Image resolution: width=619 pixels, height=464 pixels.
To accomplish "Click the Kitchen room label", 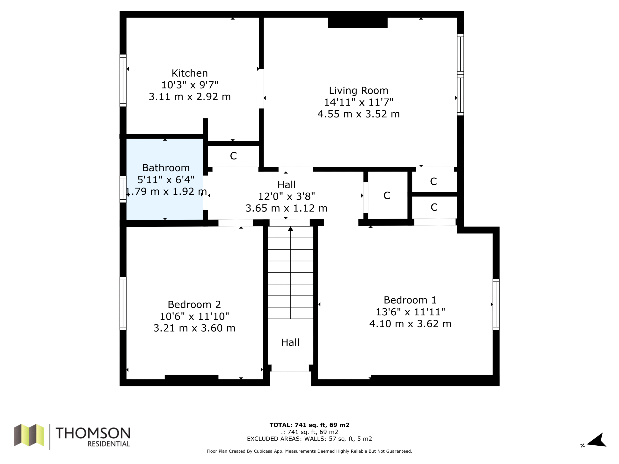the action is click(x=190, y=73).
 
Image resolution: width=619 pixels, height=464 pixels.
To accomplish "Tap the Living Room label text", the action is click(x=359, y=91).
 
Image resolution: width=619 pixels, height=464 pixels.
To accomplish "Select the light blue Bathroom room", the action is click(x=165, y=179).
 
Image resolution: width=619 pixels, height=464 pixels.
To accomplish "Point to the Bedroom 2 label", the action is click(x=194, y=304).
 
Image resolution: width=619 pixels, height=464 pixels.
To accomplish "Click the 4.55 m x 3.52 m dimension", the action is click(x=359, y=114).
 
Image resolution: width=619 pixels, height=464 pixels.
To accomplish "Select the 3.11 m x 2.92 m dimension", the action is click(x=190, y=97).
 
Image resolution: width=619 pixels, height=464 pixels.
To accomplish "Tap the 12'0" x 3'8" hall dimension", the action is click(x=286, y=196).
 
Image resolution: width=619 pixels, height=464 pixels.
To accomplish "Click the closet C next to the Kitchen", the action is click(x=233, y=156).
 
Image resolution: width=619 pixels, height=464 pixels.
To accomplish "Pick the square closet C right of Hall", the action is click(x=388, y=195).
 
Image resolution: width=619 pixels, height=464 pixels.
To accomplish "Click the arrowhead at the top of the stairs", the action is click(x=290, y=229).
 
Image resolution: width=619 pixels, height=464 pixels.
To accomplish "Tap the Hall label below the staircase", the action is click(x=290, y=342).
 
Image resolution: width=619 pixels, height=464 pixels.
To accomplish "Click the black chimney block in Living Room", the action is click(x=358, y=23).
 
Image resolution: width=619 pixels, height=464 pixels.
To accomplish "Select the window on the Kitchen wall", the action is click(x=123, y=80).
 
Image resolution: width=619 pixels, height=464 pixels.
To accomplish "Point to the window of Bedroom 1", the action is click(x=496, y=304).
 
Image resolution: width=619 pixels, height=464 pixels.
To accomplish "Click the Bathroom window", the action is click(x=123, y=189).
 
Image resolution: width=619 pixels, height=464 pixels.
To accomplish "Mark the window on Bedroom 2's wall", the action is click(x=123, y=304).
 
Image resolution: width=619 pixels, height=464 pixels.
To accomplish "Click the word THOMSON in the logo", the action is click(x=93, y=433).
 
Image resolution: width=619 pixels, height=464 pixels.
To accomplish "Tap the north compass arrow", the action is click(x=597, y=441).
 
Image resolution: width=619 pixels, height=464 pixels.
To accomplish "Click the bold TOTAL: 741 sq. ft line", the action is click(x=309, y=425).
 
